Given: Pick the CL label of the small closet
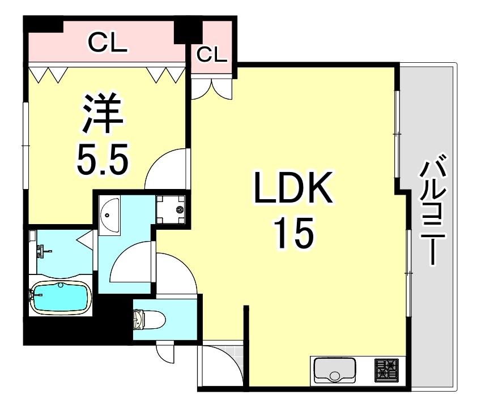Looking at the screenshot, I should coord(212,54).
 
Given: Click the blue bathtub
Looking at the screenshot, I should coord(61,297).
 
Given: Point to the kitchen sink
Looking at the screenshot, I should coord(334,371).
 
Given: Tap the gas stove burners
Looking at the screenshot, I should coord(387,370).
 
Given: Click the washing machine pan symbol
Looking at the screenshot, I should coord(171,209).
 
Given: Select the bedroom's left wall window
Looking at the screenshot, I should coord(25,145).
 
